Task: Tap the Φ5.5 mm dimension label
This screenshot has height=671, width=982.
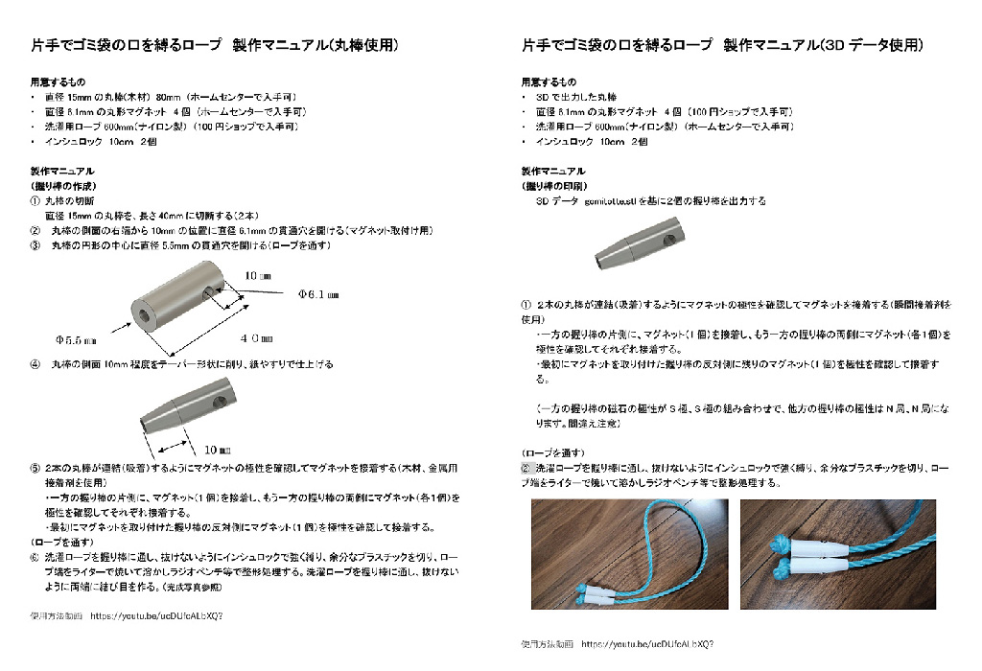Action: click(x=77, y=339)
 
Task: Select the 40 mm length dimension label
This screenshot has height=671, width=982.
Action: click(x=256, y=338)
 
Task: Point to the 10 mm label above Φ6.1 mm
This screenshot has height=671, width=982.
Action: click(x=258, y=275)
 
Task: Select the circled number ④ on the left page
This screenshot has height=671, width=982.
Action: click(x=35, y=364)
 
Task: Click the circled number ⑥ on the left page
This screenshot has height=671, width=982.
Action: click(x=35, y=556)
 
